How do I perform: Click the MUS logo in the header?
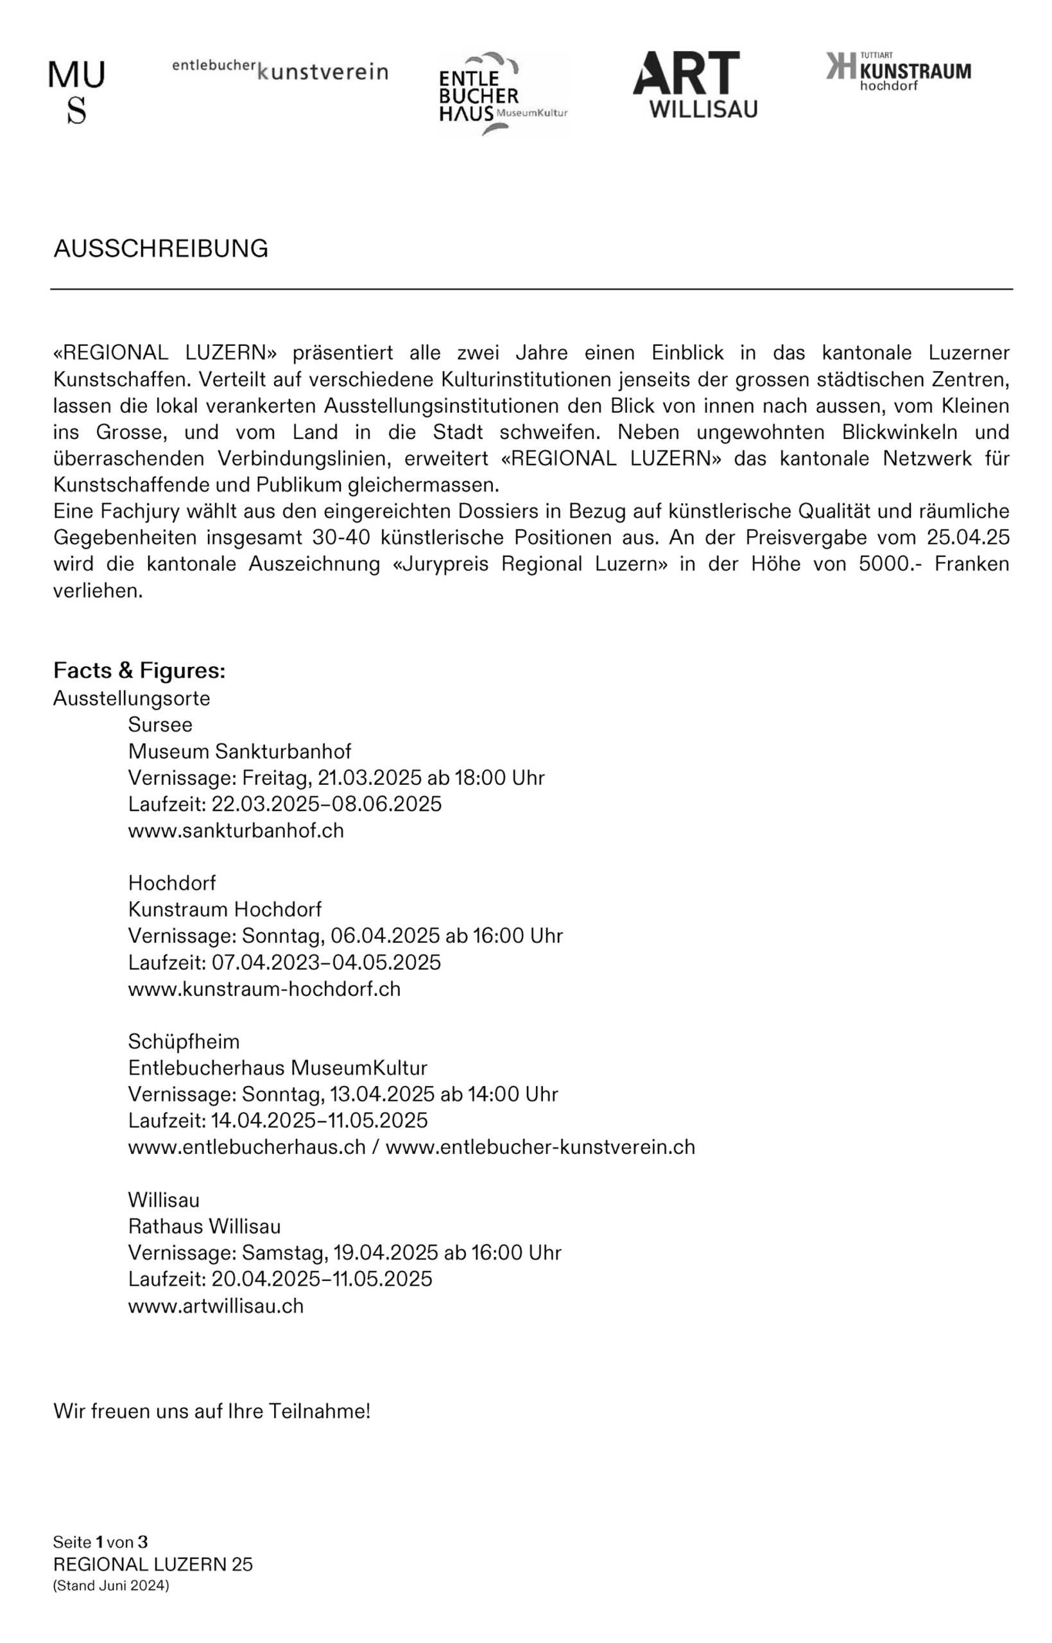click(x=76, y=92)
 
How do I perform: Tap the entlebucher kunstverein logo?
click(x=279, y=70)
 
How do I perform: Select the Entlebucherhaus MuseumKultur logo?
click(x=503, y=94)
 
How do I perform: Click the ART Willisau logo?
click(x=694, y=85)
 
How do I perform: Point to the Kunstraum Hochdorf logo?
click(x=897, y=71)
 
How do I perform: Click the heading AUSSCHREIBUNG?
click(x=160, y=248)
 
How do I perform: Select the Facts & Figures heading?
click(x=139, y=671)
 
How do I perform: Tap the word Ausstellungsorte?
click(x=132, y=698)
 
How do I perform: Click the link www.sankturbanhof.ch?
click(x=236, y=830)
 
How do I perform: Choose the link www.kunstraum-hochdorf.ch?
click(x=264, y=989)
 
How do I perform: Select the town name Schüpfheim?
click(x=184, y=1042)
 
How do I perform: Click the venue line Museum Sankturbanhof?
click(x=240, y=751)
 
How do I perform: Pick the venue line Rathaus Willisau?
click(x=204, y=1226)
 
